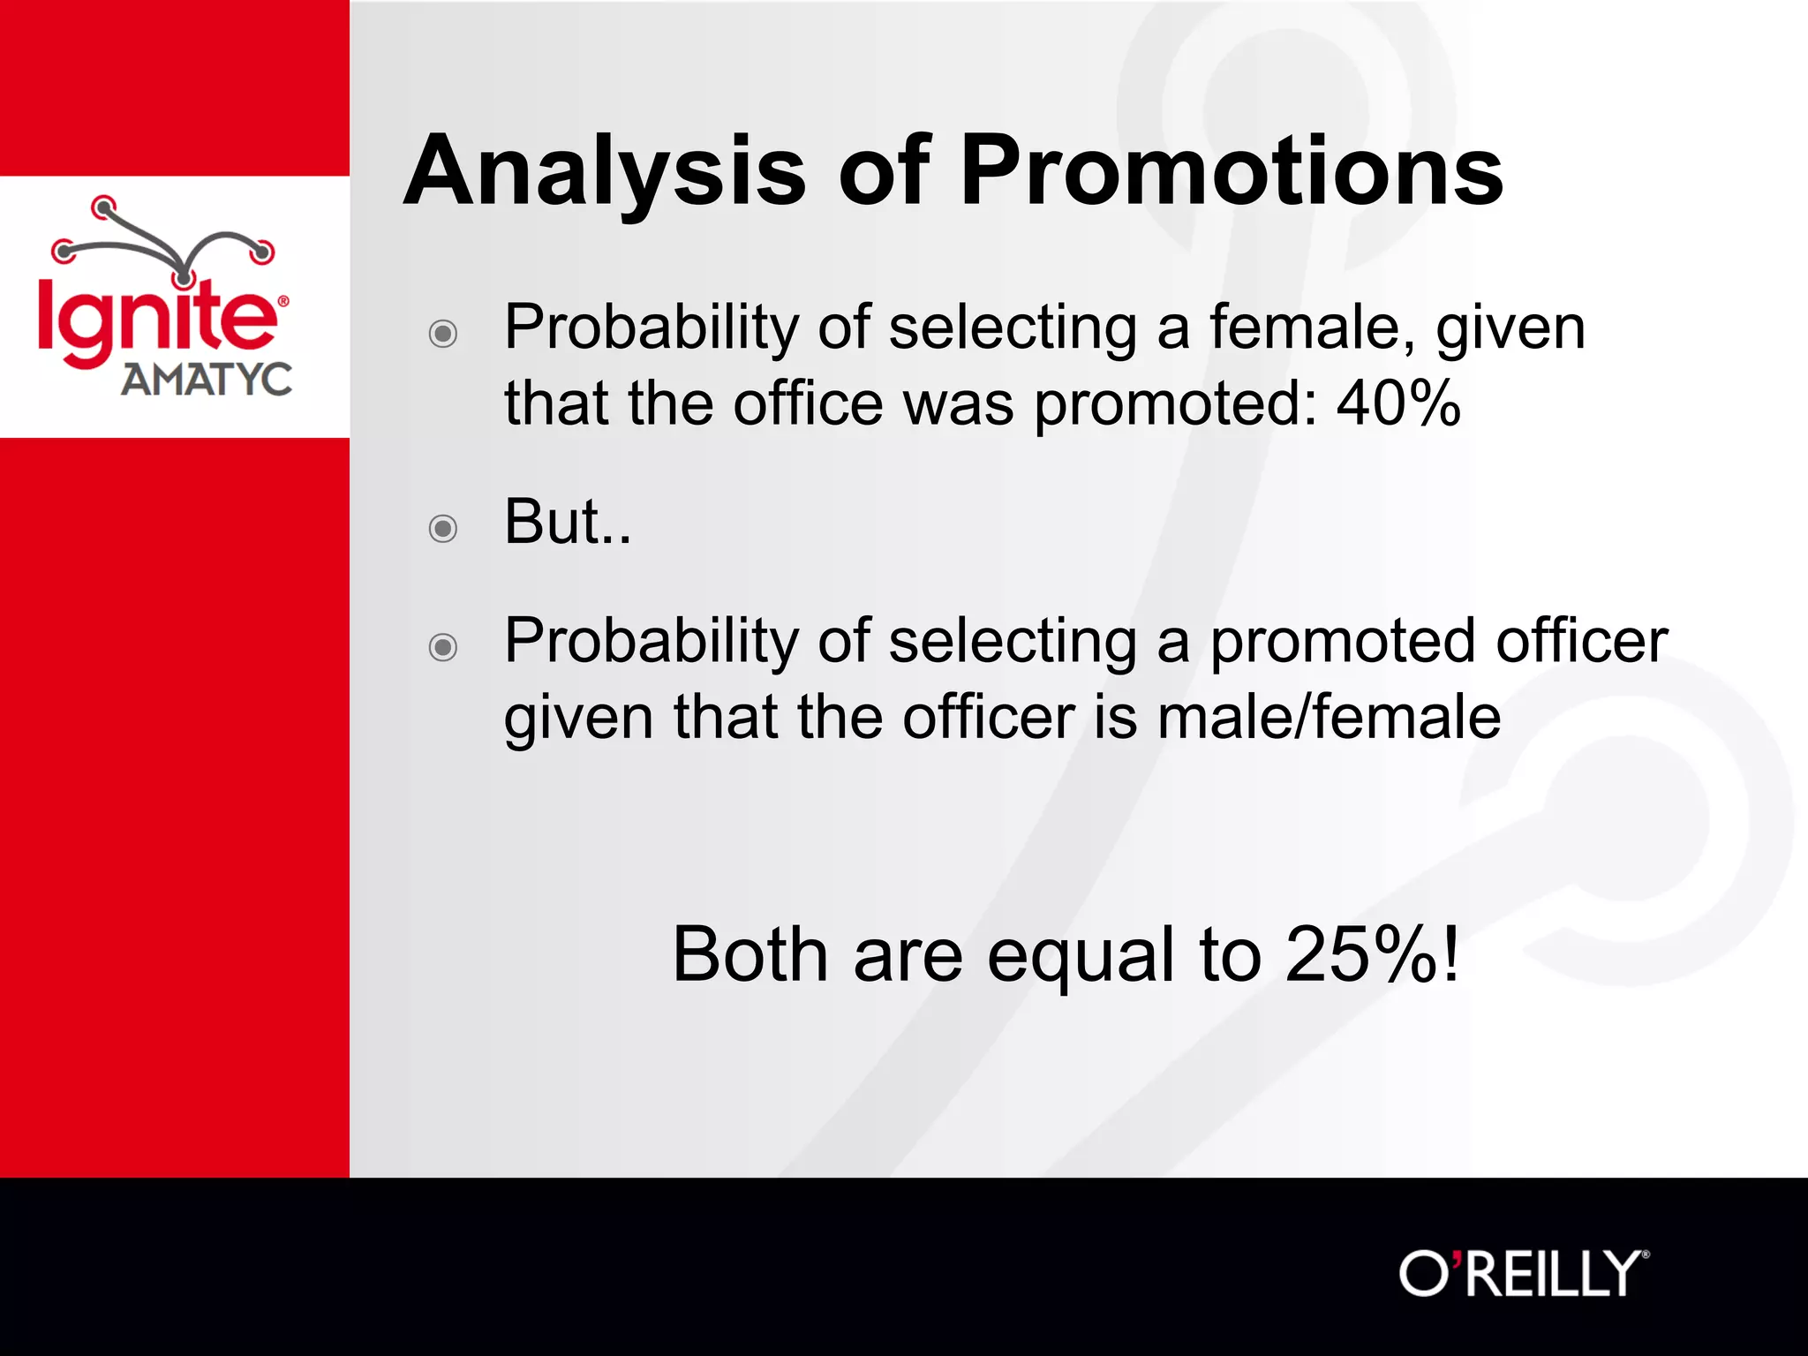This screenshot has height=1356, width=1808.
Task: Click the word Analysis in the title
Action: pos(604,172)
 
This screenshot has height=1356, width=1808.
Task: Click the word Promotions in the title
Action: pos(1231,172)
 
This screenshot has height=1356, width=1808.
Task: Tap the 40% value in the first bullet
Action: pos(1398,404)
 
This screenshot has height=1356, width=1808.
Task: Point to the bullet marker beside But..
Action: pos(442,529)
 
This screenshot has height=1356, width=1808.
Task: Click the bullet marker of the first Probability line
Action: pos(442,334)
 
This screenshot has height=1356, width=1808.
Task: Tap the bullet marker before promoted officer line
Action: pos(442,647)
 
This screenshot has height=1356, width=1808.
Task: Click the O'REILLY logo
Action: pos(1523,1274)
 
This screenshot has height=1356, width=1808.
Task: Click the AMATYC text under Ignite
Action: pos(207,380)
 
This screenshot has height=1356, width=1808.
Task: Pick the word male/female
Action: pos(1329,717)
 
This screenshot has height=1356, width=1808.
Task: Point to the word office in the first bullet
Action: pos(808,404)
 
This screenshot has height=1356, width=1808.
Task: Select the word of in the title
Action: pos(884,172)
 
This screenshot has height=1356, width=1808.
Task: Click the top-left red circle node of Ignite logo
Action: pos(104,207)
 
